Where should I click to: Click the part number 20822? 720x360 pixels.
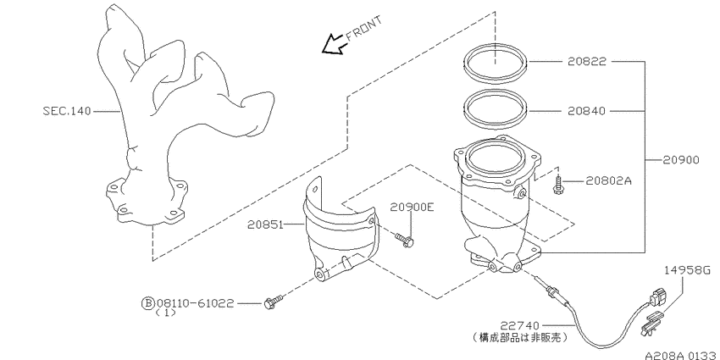(x=587, y=61)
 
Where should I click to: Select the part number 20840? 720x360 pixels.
(x=587, y=111)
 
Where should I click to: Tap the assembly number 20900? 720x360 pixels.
(x=681, y=160)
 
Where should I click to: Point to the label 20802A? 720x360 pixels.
(x=609, y=181)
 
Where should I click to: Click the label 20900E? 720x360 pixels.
(x=412, y=207)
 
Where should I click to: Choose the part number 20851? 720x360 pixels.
(x=266, y=224)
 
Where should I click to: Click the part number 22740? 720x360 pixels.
(x=519, y=326)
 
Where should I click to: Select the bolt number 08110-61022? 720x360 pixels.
(x=195, y=303)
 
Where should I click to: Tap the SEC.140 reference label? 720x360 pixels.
(x=67, y=111)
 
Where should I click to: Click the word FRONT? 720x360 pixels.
(x=363, y=29)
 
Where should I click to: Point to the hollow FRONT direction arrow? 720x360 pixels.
(x=333, y=44)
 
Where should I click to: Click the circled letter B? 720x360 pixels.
(x=148, y=303)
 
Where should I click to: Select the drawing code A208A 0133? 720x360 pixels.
(x=681, y=356)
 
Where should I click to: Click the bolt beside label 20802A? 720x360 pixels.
(x=558, y=185)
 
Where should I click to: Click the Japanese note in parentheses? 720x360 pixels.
(x=519, y=338)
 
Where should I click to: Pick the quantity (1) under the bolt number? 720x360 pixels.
(x=165, y=313)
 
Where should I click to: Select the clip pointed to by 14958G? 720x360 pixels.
(x=651, y=323)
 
